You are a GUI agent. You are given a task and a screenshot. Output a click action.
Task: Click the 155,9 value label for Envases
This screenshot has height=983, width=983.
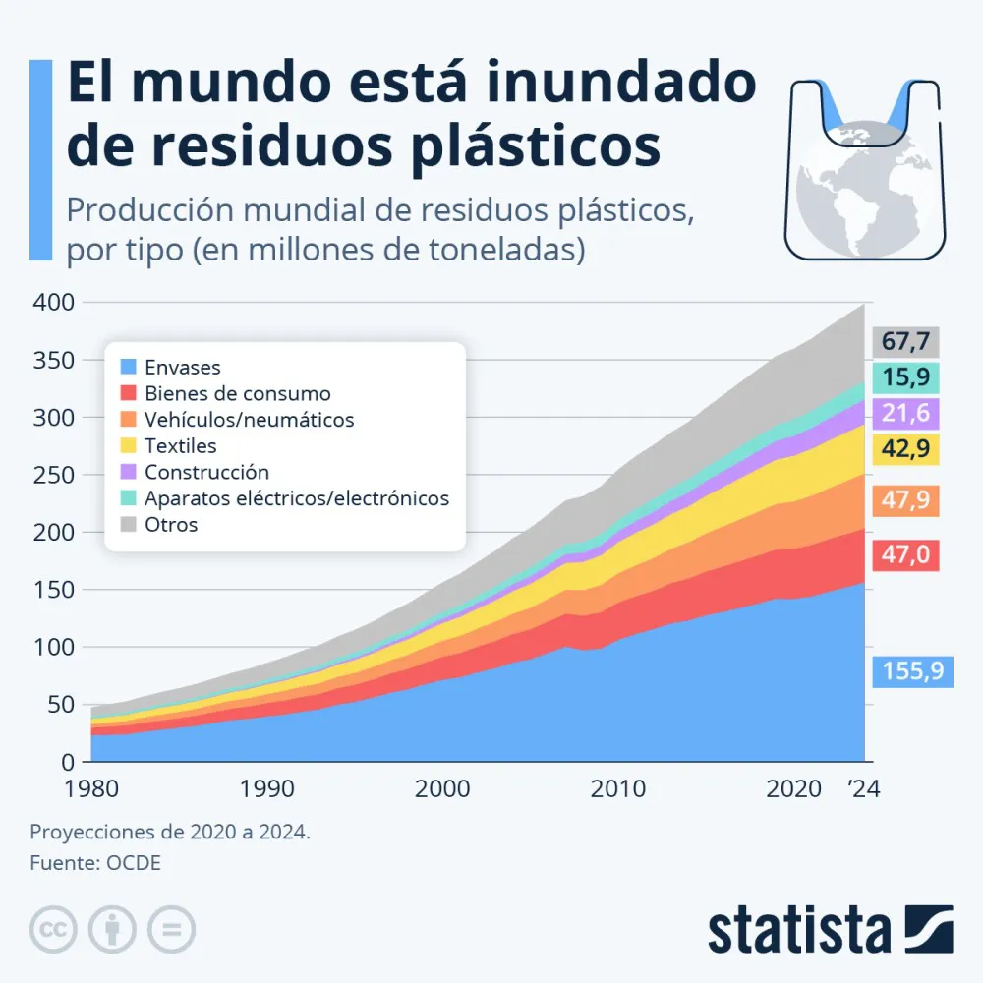(912, 671)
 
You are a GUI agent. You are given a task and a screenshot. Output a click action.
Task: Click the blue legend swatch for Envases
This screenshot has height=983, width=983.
(127, 368)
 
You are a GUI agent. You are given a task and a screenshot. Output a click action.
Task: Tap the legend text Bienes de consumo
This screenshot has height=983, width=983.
(237, 394)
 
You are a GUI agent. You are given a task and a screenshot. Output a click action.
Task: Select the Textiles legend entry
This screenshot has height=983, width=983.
(180, 446)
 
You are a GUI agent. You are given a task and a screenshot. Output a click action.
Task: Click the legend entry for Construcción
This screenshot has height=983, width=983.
(206, 473)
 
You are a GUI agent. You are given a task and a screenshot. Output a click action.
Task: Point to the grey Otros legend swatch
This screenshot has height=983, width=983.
(127, 525)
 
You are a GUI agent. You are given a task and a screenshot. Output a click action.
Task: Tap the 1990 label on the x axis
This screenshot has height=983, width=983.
(266, 788)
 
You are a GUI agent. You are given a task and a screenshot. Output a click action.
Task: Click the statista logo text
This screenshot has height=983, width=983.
(798, 929)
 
